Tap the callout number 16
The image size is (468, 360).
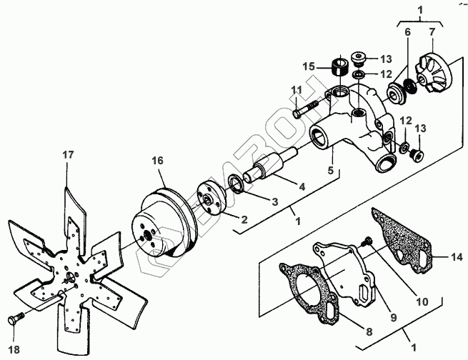click(158, 162)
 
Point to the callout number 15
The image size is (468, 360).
click(309, 68)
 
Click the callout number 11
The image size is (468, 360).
click(296, 89)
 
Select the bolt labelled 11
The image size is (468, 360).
click(307, 109)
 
